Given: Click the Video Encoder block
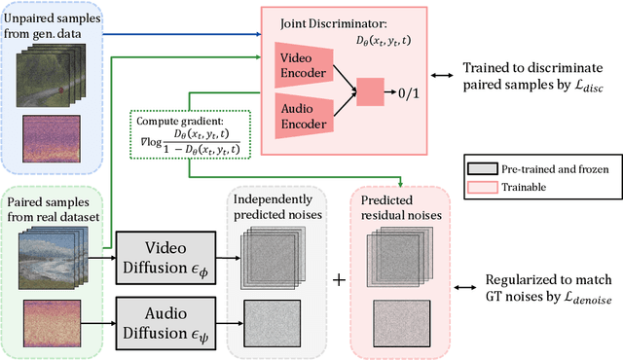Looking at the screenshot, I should coord(304,58).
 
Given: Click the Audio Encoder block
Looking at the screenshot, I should coord(304,114).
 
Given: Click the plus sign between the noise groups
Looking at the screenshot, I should coord(340,280).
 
